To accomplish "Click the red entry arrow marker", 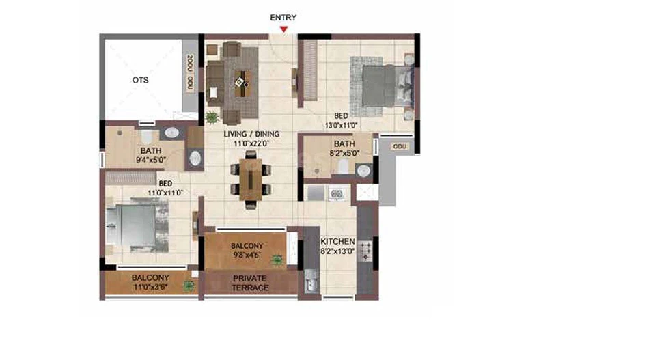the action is [x=283, y=29].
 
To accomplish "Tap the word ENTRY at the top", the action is [x=283, y=17].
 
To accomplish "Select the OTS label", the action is [x=140, y=80].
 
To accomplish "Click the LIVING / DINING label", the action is [x=251, y=134].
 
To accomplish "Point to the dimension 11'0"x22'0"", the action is [x=251, y=143].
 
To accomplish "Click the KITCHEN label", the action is [x=337, y=241].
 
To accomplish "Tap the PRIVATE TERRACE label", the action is [x=250, y=283].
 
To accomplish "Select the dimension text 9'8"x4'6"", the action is [x=247, y=255].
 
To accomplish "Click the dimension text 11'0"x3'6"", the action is [x=150, y=287].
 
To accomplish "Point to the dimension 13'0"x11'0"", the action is [x=341, y=125].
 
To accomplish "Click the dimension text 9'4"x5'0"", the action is [x=151, y=160].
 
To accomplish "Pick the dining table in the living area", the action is [x=251, y=180].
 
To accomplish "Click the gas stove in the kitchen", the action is [x=365, y=251].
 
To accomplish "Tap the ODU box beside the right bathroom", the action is [x=400, y=146].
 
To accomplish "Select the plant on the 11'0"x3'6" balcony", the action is [x=189, y=286].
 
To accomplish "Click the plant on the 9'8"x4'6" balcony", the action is [x=277, y=260].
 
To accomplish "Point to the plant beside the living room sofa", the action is [x=212, y=117].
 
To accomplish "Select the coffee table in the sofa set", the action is [x=242, y=83].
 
